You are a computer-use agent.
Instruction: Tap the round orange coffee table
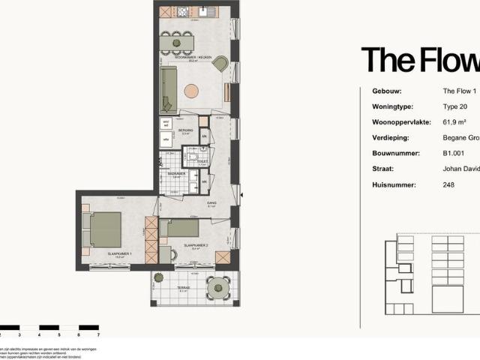click(x=191, y=91)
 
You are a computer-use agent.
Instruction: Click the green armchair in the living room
click(x=220, y=64)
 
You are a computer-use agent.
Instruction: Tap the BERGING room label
click(x=186, y=130)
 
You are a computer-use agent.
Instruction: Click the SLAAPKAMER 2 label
click(x=195, y=245)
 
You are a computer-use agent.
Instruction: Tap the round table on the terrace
click(x=218, y=286)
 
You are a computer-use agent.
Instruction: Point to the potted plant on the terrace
click(x=158, y=277)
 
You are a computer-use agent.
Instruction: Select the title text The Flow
click(x=420, y=60)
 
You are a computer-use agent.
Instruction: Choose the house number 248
click(x=448, y=185)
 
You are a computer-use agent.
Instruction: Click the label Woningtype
click(x=394, y=106)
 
